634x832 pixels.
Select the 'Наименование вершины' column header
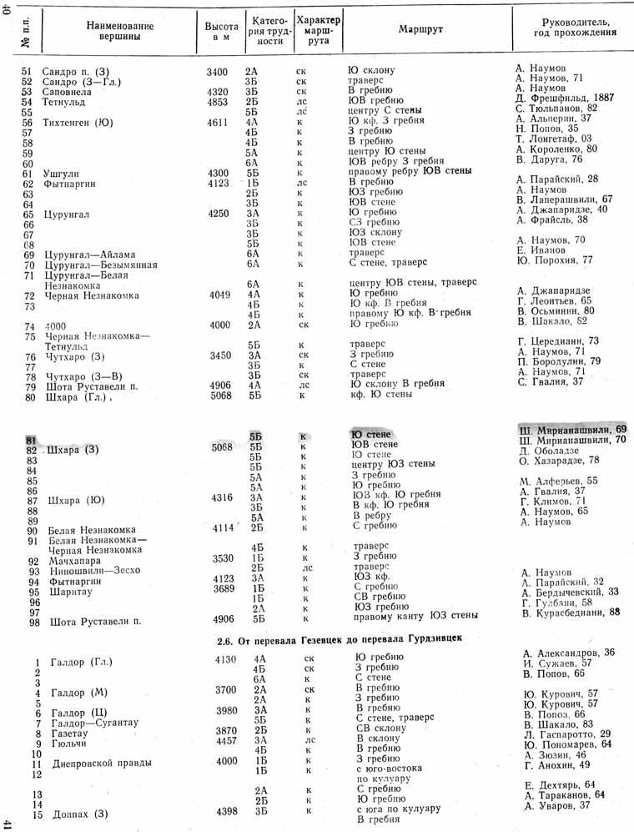coord(113,31)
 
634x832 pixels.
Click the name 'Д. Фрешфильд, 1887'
coord(564,98)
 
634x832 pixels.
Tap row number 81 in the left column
coord(31,440)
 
